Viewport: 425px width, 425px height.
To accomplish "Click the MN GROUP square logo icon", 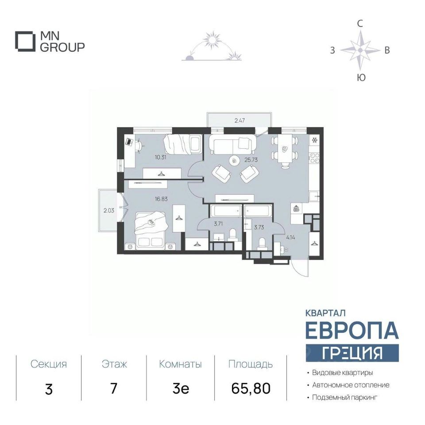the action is [x=25, y=42].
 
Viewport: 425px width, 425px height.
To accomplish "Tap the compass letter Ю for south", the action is [x=361, y=78].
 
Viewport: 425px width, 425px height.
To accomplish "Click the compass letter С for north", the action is [x=359, y=24].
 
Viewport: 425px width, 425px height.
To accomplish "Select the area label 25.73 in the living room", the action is [x=251, y=160].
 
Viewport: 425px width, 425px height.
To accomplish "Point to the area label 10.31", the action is [x=160, y=157].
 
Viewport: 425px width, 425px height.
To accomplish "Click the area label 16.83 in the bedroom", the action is [x=161, y=199].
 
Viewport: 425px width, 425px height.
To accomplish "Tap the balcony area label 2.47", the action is [x=240, y=120].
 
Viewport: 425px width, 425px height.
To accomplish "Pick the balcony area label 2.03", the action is [x=109, y=210].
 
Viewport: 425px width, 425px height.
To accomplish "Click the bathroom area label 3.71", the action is [x=218, y=224].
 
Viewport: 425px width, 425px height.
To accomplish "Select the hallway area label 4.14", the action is [x=290, y=238].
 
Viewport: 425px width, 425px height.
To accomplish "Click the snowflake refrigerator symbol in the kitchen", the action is [x=315, y=140].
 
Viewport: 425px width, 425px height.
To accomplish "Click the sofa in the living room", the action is [x=233, y=143].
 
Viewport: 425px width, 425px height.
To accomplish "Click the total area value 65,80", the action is [x=251, y=388].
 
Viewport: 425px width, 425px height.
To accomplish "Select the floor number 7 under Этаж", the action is [x=114, y=388].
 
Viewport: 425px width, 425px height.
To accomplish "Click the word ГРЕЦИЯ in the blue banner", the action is [x=352, y=353].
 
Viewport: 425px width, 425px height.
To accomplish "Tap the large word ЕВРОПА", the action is [x=352, y=330].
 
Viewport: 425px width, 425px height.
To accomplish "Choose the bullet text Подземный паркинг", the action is [x=345, y=398].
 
